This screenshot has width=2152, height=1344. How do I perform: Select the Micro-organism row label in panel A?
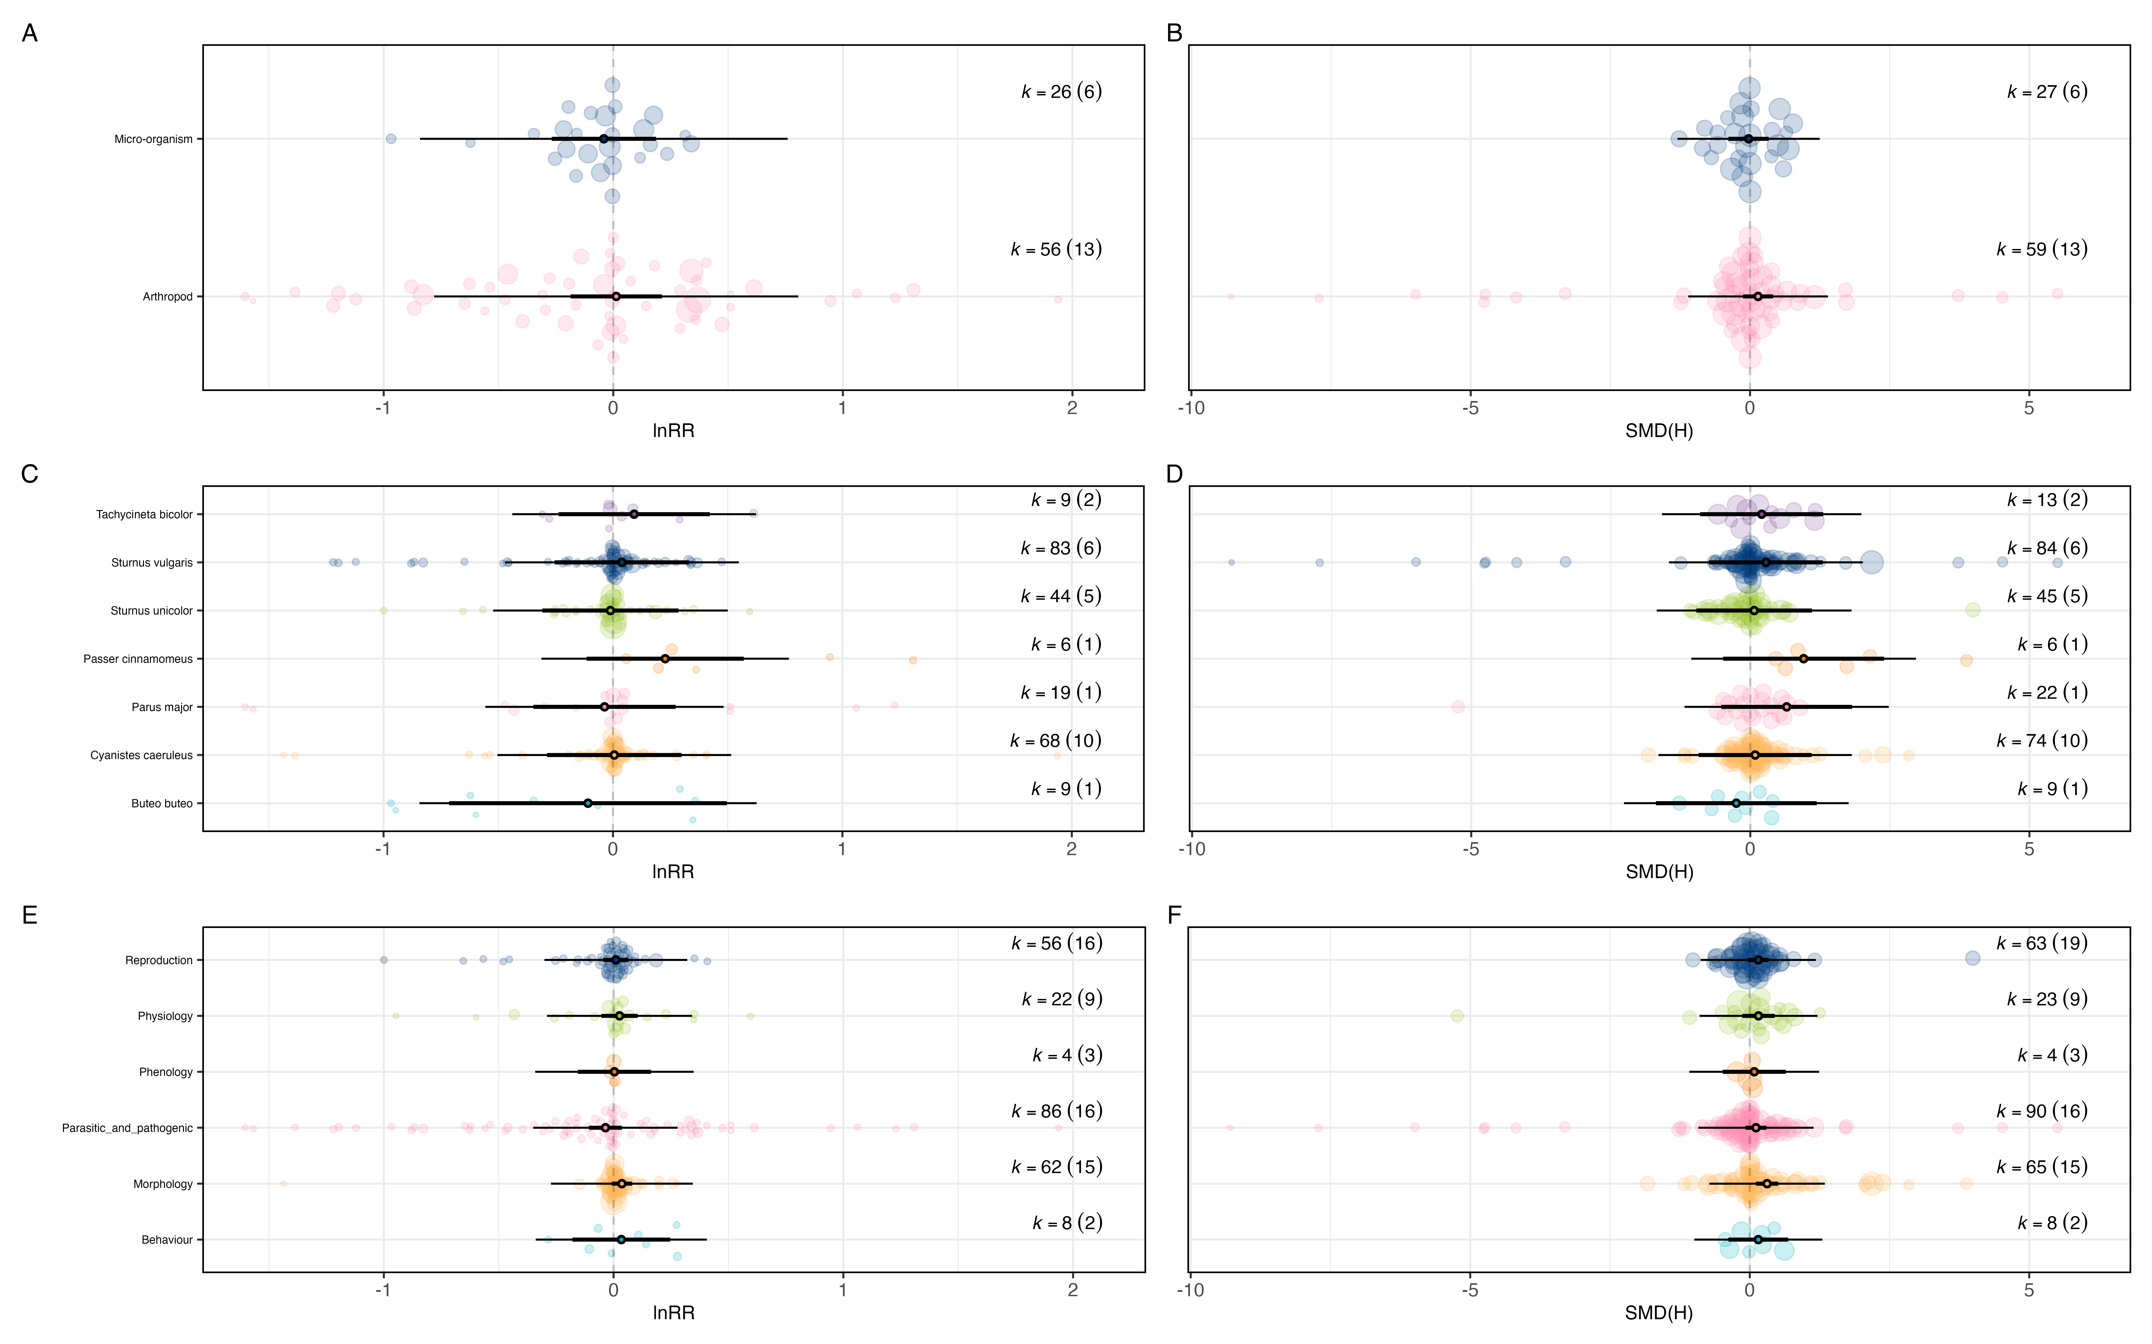[153, 140]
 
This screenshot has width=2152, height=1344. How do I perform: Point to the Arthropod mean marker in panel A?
[615, 296]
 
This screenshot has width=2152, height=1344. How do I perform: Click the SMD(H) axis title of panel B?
[1658, 431]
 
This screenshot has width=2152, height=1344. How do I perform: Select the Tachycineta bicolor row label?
[144, 515]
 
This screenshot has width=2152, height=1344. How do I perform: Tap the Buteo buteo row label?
[162, 804]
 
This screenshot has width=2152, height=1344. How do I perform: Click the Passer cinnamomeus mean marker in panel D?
[1804, 659]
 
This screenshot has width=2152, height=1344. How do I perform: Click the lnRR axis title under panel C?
[673, 872]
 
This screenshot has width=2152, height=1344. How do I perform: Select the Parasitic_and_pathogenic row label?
[127, 1128]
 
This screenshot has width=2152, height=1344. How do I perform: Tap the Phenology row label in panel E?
[165, 1072]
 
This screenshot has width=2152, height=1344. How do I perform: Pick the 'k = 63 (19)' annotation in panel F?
[2042, 943]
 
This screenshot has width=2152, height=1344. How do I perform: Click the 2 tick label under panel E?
[1072, 1291]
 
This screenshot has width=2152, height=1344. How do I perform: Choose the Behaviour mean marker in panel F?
[1758, 1239]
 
